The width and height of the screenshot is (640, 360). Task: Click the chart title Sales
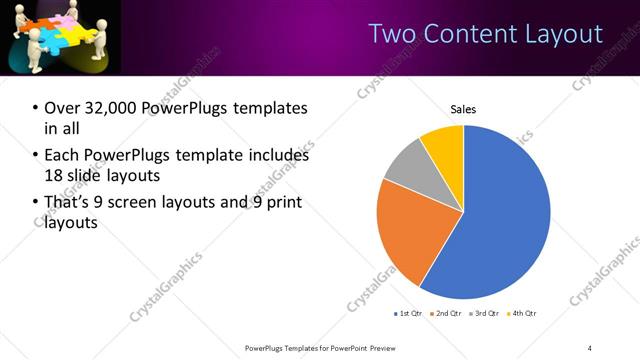(x=463, y=109)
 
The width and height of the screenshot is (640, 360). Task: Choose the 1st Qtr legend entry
(x=410, y=314)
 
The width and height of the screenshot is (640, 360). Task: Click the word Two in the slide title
(x=390, y=33)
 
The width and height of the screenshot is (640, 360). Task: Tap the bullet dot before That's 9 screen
(x=36, y=203)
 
